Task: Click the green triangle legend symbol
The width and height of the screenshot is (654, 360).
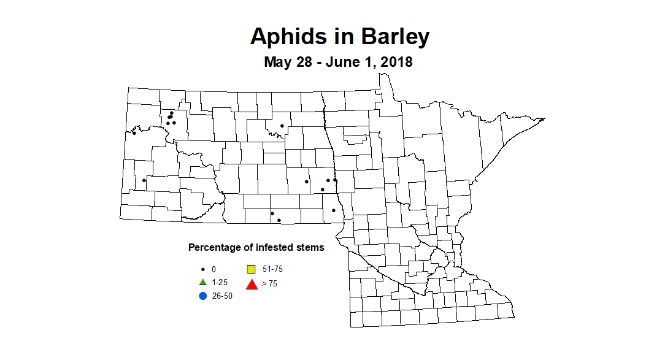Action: coord(202,282)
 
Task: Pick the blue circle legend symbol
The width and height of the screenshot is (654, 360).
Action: coord(202,296)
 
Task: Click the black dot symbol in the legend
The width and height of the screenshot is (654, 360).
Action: coord(202,269)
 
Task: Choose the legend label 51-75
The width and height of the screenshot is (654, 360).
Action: coord(272,269)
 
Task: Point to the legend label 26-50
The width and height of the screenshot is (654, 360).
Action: coord(222,296)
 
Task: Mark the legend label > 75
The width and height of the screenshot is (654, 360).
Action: coord(269,283)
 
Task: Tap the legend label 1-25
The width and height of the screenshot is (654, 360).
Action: coord(220,283)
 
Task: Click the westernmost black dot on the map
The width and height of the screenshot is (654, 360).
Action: coord(134,132)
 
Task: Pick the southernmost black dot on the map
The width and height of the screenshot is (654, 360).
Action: coord(279,220)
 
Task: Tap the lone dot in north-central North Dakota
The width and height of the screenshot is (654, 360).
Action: coord(282,126)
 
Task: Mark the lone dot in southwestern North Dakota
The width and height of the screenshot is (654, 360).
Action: coord(144,180)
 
